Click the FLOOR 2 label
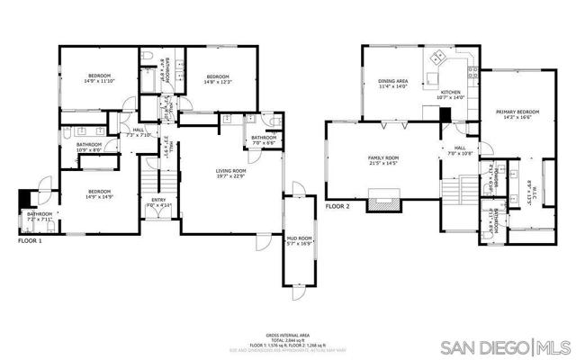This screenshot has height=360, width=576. pos(337,206)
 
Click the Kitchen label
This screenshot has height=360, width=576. pos(450,94)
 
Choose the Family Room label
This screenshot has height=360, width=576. pos(383,161)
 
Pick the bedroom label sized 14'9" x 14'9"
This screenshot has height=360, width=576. pos(99,193)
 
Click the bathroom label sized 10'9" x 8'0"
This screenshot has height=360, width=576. pos(88,147)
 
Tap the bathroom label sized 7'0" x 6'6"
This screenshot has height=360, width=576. pos(263,139)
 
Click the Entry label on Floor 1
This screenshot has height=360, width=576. pos(158,202)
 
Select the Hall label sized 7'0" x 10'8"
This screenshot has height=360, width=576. pos(459,150)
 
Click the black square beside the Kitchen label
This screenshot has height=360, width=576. pos(445,113)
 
